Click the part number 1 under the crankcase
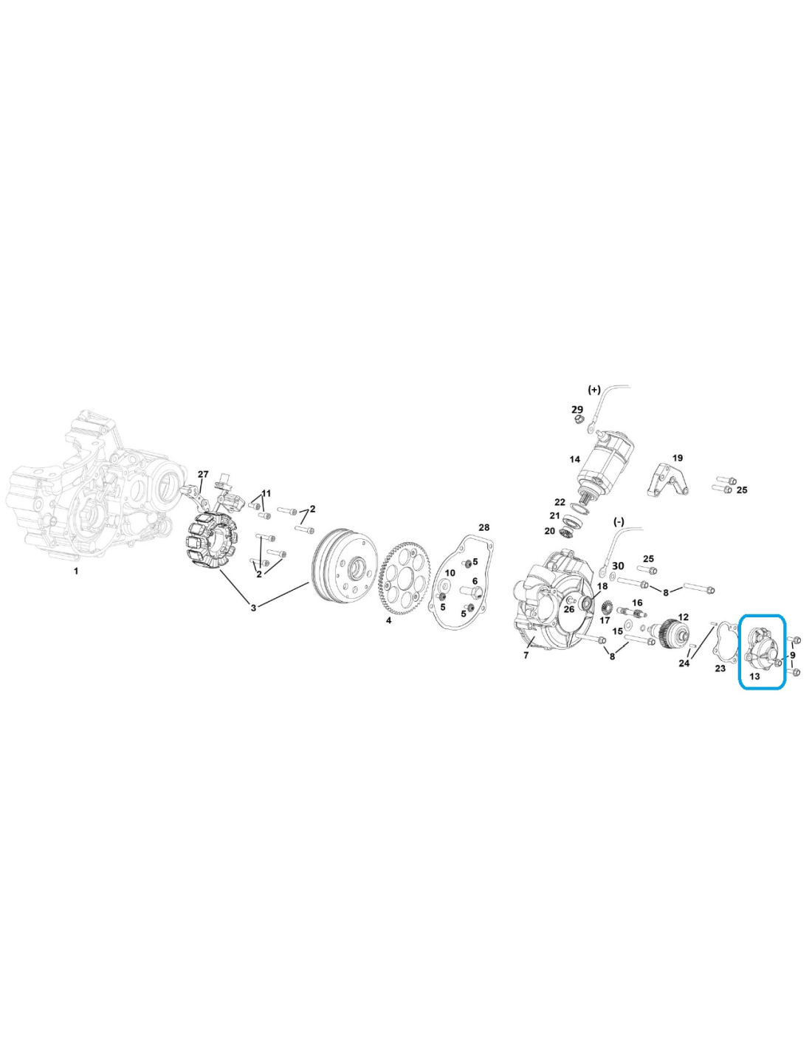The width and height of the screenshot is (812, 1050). (x=76, y=571)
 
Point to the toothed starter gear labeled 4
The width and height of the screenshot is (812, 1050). (x=406, y=578)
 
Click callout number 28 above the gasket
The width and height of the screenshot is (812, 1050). (x=484, y=526)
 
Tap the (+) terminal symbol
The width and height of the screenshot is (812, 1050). (x=593, y=389)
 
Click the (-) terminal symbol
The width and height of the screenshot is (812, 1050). (x=619, y=521)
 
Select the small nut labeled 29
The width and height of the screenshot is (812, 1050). (x=577, y=419)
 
